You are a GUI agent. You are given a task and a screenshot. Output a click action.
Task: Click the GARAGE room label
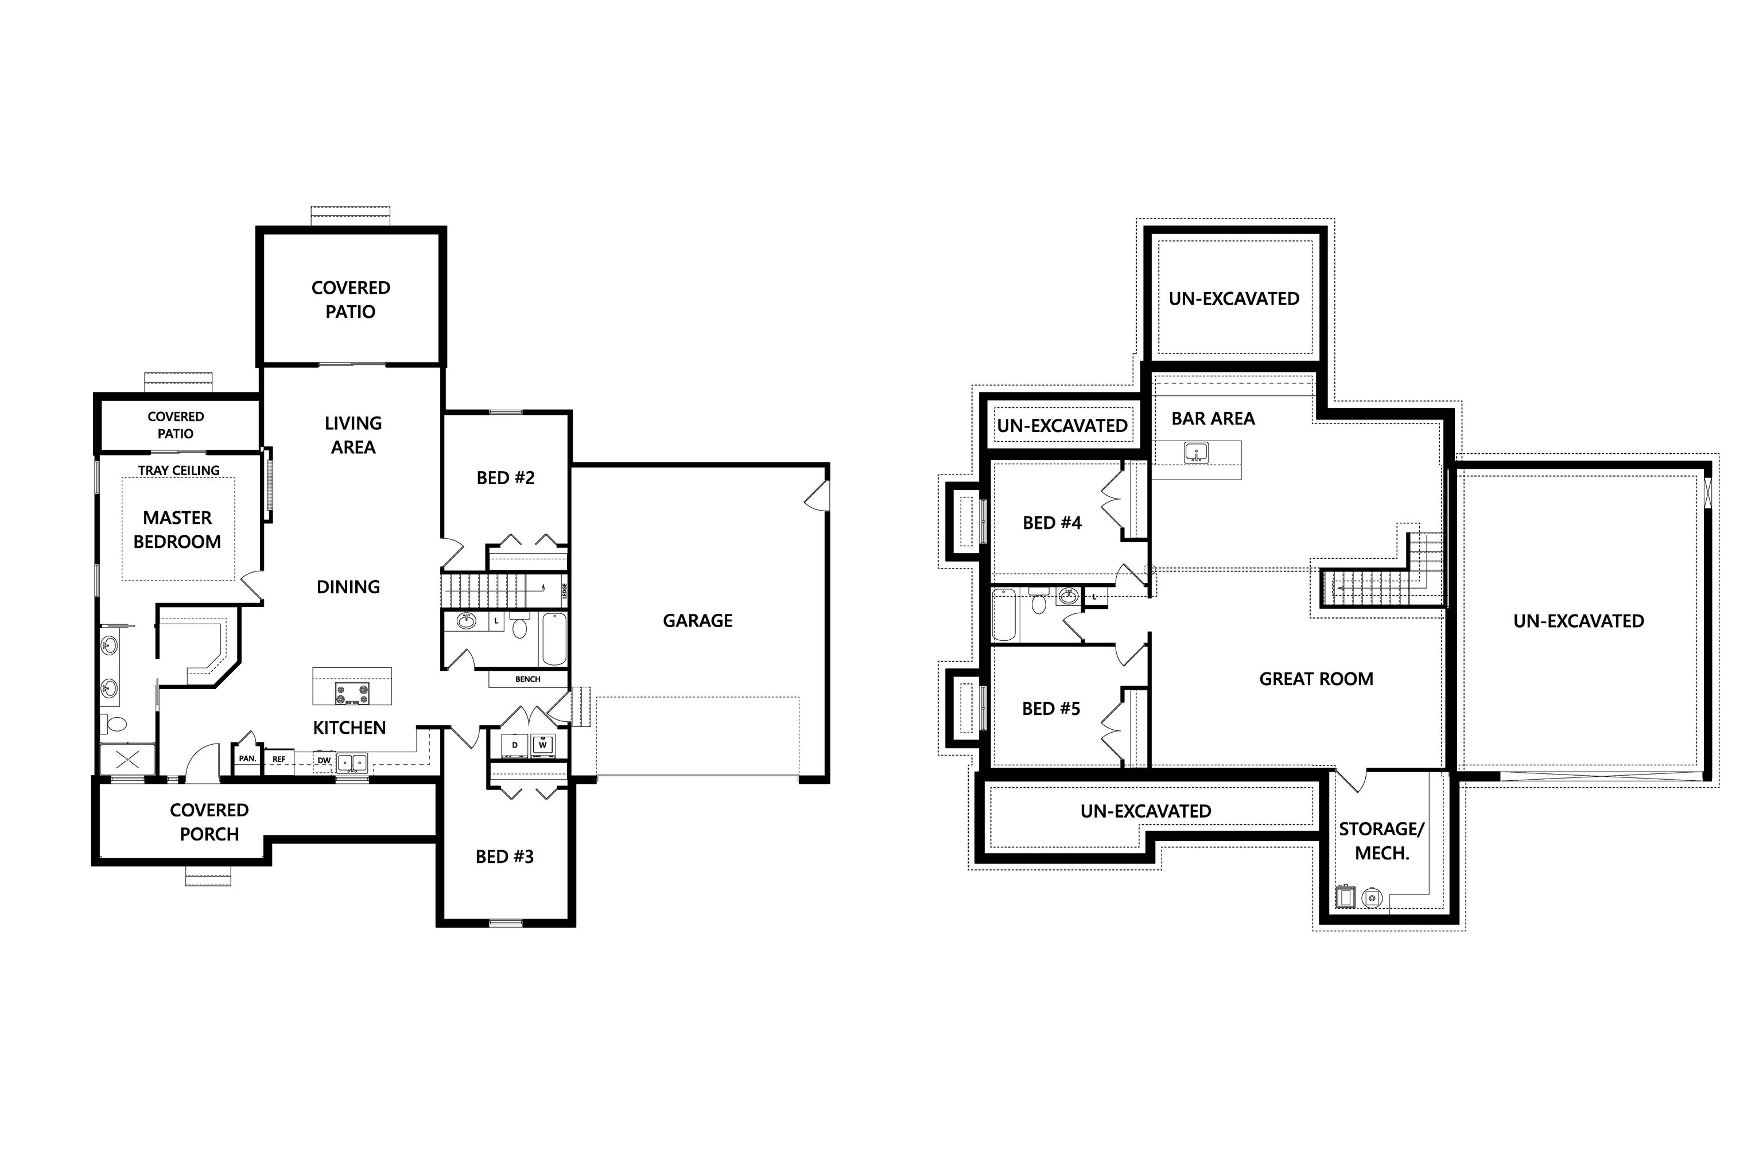point(697,620)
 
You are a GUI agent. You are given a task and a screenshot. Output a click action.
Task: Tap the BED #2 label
point(505,478)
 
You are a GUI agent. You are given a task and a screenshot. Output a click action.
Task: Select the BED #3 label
point(504,857)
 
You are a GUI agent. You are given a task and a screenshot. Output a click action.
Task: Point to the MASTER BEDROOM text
point(178,530)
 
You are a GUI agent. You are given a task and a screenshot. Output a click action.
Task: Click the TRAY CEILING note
point(178,470)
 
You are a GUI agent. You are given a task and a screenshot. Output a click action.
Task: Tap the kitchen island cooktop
point(352,693)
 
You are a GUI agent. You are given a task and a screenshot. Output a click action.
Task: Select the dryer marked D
point(515,745)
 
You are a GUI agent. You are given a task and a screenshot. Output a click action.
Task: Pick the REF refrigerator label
point(279,759)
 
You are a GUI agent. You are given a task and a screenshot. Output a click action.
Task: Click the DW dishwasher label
point(324,761)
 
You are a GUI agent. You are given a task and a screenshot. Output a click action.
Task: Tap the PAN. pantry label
point(247,758)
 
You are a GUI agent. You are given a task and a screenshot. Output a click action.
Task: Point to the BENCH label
point(528,679)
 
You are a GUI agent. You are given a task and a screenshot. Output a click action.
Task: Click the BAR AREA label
point(1213,419)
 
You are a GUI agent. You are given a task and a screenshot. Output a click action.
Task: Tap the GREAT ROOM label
point(1317,679)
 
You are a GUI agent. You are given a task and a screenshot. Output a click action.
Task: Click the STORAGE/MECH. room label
point(1381,841)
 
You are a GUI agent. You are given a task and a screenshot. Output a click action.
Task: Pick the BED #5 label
point(1051,709)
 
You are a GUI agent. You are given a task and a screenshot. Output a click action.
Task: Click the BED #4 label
point(1051,523)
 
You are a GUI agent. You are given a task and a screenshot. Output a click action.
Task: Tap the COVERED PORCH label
point(209,822)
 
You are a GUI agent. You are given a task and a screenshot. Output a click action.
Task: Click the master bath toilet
point(115,724)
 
